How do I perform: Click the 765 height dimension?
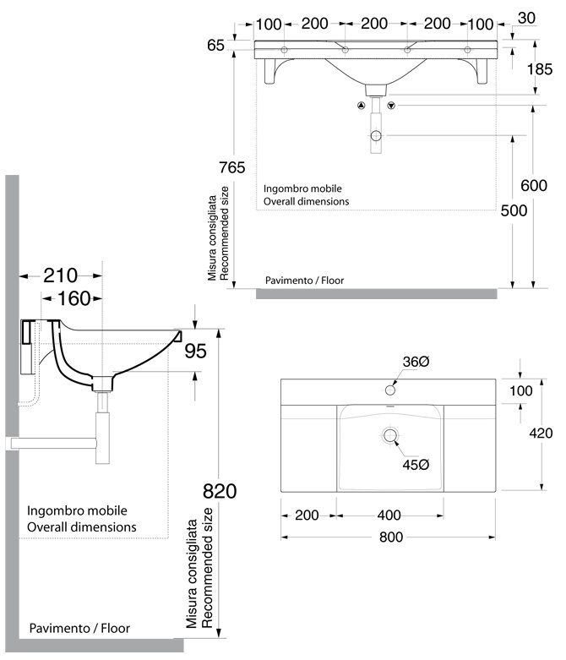tap(231, 166)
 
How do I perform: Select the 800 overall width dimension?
tap(390, 537)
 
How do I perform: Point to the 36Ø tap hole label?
tap(416, 361)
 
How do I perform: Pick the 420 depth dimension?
tap(541, 434)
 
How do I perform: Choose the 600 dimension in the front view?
tap(534, 186)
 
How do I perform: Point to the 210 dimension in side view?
tap(60, 275)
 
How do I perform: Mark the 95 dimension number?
tap(195, 351)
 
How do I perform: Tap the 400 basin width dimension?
tap(389, 515)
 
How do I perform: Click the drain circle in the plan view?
tap(390, 435)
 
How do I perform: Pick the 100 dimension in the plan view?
tap(521, 390)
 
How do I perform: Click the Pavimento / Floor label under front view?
tap(304, 280)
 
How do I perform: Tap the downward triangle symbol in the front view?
tap(391, 106)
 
